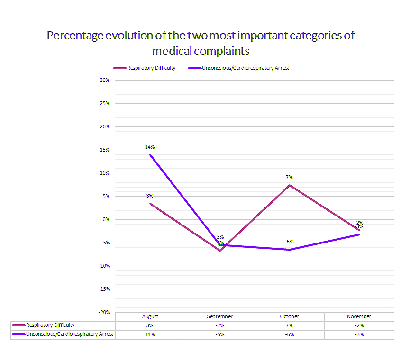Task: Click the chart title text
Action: pos(200,43)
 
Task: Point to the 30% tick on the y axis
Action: pos(105,80)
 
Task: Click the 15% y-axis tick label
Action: pos(105,150)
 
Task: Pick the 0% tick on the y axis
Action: pos(106,219)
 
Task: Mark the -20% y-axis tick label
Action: pos(104,312)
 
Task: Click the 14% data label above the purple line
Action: pos(150,147)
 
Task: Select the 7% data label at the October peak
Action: pos(289,177)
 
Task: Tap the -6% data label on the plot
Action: pos(289,242)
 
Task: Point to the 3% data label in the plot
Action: pos(150,196)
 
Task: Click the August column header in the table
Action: pos(150,316)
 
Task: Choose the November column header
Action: pos(359,316)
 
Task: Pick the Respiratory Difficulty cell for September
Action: pos(220,325)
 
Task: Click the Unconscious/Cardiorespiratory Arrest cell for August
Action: pos(150,334)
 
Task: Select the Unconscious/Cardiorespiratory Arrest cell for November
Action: pos(359,334)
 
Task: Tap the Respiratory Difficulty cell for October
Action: pos(289,325)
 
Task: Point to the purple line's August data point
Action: pos(150,154)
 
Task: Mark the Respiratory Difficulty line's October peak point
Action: pos(290,185)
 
